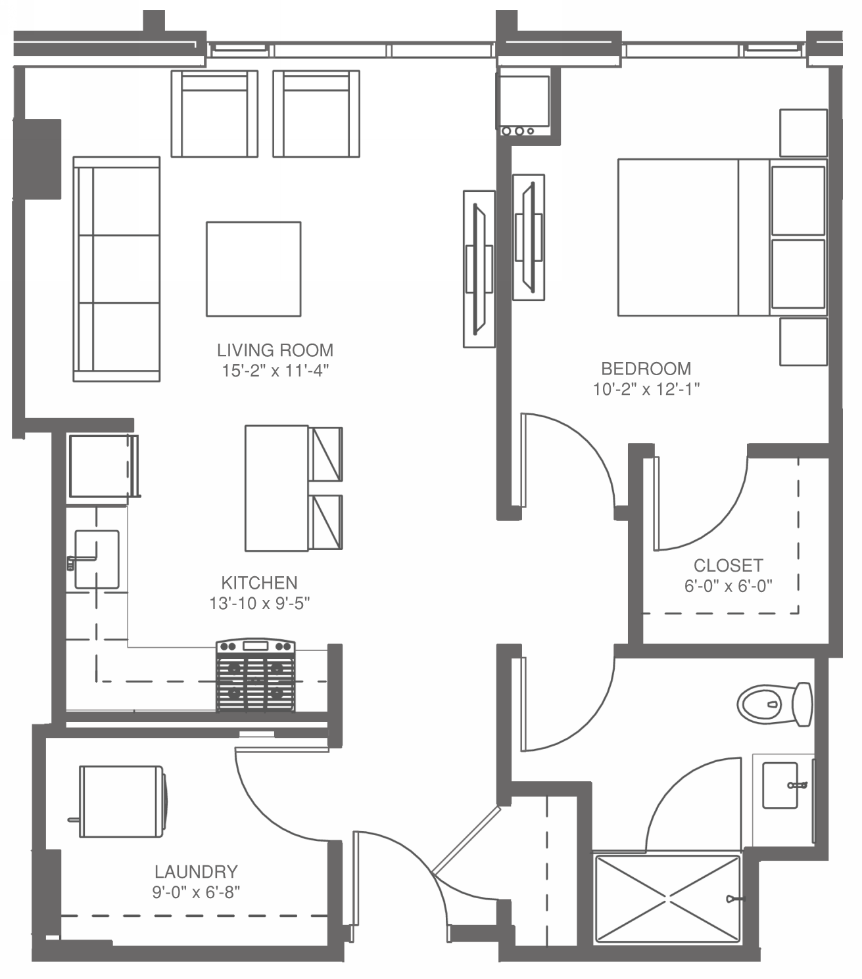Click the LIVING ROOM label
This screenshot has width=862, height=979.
click(x=275, y=350)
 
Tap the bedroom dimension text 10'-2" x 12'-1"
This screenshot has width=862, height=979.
click(x=646, y=389)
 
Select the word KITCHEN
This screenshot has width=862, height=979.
click(x=259, y=583)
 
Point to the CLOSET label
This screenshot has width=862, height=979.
click(x=728, y=565)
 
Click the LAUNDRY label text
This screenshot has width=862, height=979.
click(x=197, y=872)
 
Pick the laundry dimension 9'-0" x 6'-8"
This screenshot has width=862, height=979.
click(x=197, y=892)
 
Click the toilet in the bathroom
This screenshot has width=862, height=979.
click(x=775, y=704)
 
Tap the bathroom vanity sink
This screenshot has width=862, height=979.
click(x=780, y=785)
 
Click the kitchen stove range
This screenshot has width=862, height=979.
click(x=255, y=675)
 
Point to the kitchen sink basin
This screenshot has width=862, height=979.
click(x=97, y=559)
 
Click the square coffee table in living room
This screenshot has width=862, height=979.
click(x=254, y=269)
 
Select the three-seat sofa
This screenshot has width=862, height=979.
click(x=116, y=269)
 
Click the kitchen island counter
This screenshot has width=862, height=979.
click(x=277, y=488)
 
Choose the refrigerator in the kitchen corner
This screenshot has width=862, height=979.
click(x=103, y=466)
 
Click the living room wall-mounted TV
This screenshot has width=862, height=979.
click(x=479, y=269)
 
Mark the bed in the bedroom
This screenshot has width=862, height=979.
click(x=722, y=237)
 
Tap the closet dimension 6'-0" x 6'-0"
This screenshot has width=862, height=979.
click(x=728, y=585)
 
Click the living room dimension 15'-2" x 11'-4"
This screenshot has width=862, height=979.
click(x=275, y=371)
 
